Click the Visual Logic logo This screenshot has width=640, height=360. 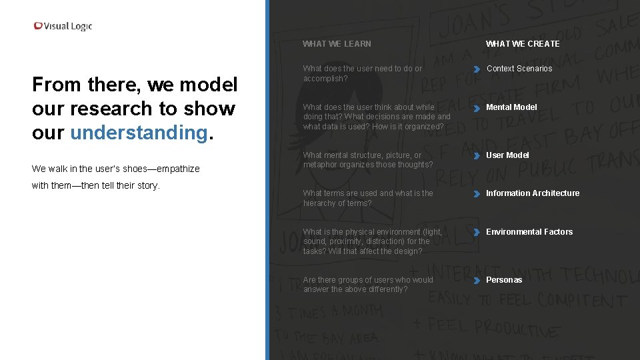pos(63,26)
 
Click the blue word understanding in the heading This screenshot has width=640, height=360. pos(139,133)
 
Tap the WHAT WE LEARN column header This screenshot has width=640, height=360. pos(337,44)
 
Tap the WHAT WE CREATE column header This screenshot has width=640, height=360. pos(523,44)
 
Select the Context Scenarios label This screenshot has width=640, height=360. pos(519,69)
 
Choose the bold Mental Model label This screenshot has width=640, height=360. pos(511,107)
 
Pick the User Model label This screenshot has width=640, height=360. pos(507,155)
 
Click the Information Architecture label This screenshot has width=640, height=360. pos(533,193)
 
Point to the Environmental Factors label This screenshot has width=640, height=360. pos(529,232)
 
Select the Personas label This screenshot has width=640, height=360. pos(504,280)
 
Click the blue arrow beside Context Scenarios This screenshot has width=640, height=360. pos(477,69)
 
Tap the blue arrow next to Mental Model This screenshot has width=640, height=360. pos(477,108)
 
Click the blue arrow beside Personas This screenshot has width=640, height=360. pos(477,281)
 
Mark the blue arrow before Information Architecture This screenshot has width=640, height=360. pos(477,194)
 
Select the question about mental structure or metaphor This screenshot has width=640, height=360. pos(367,160)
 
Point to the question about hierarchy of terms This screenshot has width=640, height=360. pos(367,198)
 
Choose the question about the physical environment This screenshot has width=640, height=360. pos(372,241)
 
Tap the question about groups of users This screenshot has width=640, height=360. pos(367,285)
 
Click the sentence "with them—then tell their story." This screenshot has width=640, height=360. pos(96,186)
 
